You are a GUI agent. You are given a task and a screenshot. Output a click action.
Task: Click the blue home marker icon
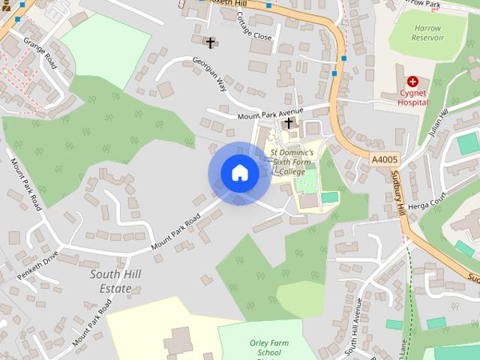click(239, 173)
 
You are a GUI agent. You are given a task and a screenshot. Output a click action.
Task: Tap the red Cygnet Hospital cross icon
click(412, 81)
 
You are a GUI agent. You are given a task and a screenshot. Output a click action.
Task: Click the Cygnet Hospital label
click(413, 97)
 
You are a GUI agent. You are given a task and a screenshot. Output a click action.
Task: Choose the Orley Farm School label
click(265, 347)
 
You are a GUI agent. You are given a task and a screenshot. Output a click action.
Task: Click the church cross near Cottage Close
click(211, 43)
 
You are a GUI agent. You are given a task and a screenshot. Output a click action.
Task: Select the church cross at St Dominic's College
click(289, 122)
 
